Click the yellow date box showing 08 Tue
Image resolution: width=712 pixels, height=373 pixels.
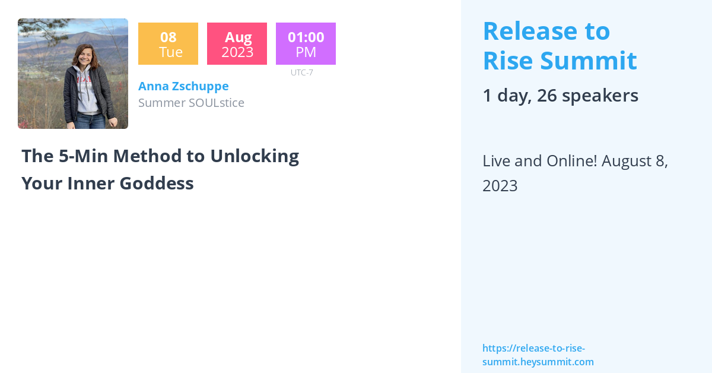168,44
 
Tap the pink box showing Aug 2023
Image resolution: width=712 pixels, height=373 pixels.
237,44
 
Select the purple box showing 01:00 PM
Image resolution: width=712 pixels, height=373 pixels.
306,44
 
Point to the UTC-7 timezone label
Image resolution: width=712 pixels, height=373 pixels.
302,72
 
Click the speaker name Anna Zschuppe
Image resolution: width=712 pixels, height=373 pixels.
183,86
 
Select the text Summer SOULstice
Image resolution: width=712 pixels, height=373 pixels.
191,103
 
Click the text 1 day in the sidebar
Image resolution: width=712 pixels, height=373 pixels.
504,96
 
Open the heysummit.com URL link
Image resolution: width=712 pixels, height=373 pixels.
538,355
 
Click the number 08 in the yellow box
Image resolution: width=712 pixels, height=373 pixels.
168,37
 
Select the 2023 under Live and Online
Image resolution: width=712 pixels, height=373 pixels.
500,186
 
